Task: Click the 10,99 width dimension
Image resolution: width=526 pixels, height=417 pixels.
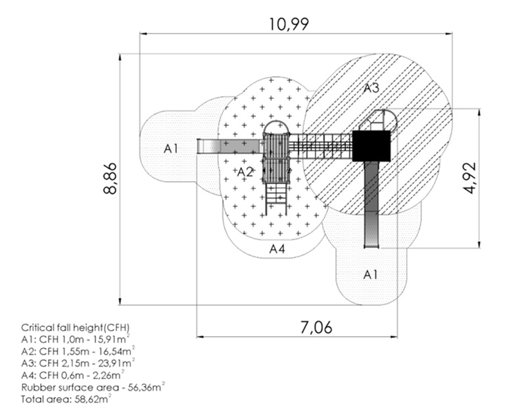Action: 289,24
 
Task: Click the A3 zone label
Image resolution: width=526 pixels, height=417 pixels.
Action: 371,88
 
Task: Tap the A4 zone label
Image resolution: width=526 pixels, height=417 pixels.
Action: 277,249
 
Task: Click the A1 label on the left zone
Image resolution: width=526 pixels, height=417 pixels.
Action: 171,149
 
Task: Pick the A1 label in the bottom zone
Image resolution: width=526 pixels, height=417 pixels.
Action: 371,274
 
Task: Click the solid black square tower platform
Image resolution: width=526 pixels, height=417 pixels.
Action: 371,145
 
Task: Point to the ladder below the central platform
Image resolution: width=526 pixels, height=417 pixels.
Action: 276,198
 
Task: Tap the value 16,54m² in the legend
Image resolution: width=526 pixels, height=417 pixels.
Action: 118,351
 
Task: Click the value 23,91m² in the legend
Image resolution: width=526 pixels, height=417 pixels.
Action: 118,363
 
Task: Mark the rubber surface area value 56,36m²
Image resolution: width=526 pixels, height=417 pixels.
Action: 143,387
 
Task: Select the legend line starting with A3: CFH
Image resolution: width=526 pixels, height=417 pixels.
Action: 78,363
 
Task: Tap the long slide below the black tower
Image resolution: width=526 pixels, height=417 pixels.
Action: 371,204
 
